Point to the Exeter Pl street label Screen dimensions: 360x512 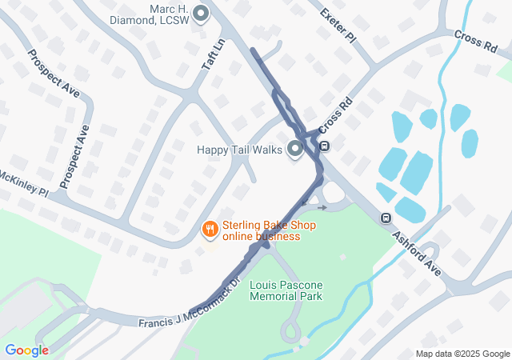click(x=336, y=25)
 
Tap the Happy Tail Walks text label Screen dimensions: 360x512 click(x=240, y=150)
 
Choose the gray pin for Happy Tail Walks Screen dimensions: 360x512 click(x=295, y=149)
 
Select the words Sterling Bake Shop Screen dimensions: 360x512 click(x=269, y=225)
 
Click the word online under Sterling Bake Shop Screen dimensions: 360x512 click(x=238, y=236)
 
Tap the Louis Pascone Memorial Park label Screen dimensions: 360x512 click(x=286, y=290)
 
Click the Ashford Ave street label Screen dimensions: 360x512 click(x=417, y=254)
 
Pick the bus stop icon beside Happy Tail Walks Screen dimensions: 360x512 click(x=325, y=146)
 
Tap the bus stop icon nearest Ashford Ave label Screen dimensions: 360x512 click(x=386, y=218)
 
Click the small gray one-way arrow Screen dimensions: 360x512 click(x=322, y=206)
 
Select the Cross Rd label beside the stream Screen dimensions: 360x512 click(x=475, y=42)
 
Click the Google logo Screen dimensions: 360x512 click(x=26, y=350)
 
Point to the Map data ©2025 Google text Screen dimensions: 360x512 click(x=462, y=354)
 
